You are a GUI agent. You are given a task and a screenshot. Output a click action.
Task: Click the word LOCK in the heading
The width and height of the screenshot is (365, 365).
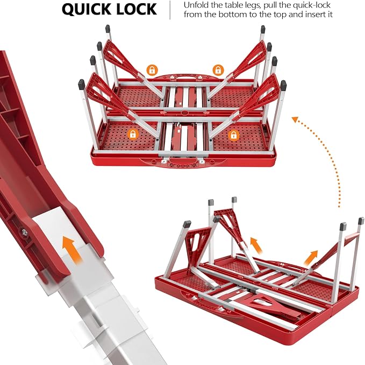point(137,9)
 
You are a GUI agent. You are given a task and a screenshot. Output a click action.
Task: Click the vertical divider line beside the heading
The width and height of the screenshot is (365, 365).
point(170,10)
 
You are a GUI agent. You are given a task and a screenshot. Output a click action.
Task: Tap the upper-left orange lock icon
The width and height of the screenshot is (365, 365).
point(152,70)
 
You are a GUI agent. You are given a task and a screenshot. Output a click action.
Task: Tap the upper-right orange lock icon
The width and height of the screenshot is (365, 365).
point(218,69)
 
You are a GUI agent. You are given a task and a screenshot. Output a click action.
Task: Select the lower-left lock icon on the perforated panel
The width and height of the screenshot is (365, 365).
point(133,135)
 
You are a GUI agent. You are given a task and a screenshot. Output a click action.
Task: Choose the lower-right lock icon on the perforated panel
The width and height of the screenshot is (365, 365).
point(234,136)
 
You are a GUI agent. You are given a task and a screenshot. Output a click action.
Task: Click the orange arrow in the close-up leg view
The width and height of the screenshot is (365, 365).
point(71,249)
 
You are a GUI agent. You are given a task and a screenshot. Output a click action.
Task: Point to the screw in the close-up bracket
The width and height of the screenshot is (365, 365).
point(24,232)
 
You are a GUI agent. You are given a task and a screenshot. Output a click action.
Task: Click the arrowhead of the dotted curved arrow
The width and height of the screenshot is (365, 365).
point(296,119)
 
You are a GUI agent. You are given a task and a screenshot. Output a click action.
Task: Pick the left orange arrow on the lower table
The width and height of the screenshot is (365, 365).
point(256,245)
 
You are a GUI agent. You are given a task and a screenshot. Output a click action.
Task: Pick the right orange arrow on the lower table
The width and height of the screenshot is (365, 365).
point(311,258)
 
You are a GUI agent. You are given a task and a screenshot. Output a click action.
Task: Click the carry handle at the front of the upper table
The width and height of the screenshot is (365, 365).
point(180,162)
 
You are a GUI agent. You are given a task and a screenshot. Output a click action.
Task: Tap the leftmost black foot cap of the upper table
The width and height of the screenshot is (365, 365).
point(81,85)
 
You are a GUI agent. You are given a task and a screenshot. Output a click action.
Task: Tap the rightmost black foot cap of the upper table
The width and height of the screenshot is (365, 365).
point(283,86)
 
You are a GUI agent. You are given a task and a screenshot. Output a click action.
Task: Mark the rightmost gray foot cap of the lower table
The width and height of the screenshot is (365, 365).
point(361,221)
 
